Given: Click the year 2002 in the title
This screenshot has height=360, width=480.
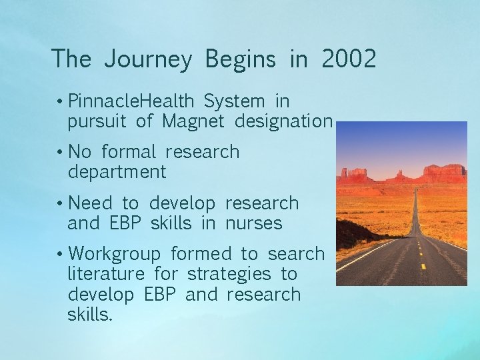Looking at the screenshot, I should coord(349,59).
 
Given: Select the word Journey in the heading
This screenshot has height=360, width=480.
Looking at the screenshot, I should coord(147,60).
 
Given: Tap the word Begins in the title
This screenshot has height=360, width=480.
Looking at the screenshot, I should coord(240,59).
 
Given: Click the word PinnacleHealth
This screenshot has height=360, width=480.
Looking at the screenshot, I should coord(131,101).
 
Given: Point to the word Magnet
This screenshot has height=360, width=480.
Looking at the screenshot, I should coord(193,121).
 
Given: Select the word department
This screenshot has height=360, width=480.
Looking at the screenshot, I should coord(117,173).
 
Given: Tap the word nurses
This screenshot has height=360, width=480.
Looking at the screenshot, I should coord(254,223).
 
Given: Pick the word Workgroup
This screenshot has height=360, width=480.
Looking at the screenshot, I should coord(115,254).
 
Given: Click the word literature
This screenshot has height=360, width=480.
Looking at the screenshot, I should coord(106,274).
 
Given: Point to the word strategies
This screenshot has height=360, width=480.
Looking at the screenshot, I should coord(229,275).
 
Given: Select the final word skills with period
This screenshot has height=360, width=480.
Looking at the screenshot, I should coord(90,315).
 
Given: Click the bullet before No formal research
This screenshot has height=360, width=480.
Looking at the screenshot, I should coord(60,153).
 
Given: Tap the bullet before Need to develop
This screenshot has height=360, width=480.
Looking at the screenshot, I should coord(60,203).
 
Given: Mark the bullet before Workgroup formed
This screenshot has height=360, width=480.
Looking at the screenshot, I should coord(60,254).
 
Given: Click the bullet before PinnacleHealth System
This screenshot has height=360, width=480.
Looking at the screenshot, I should coord(60,102).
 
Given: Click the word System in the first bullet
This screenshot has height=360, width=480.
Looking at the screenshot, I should coord(234,101).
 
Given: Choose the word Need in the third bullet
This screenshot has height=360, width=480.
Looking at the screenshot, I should coord(91,203).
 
